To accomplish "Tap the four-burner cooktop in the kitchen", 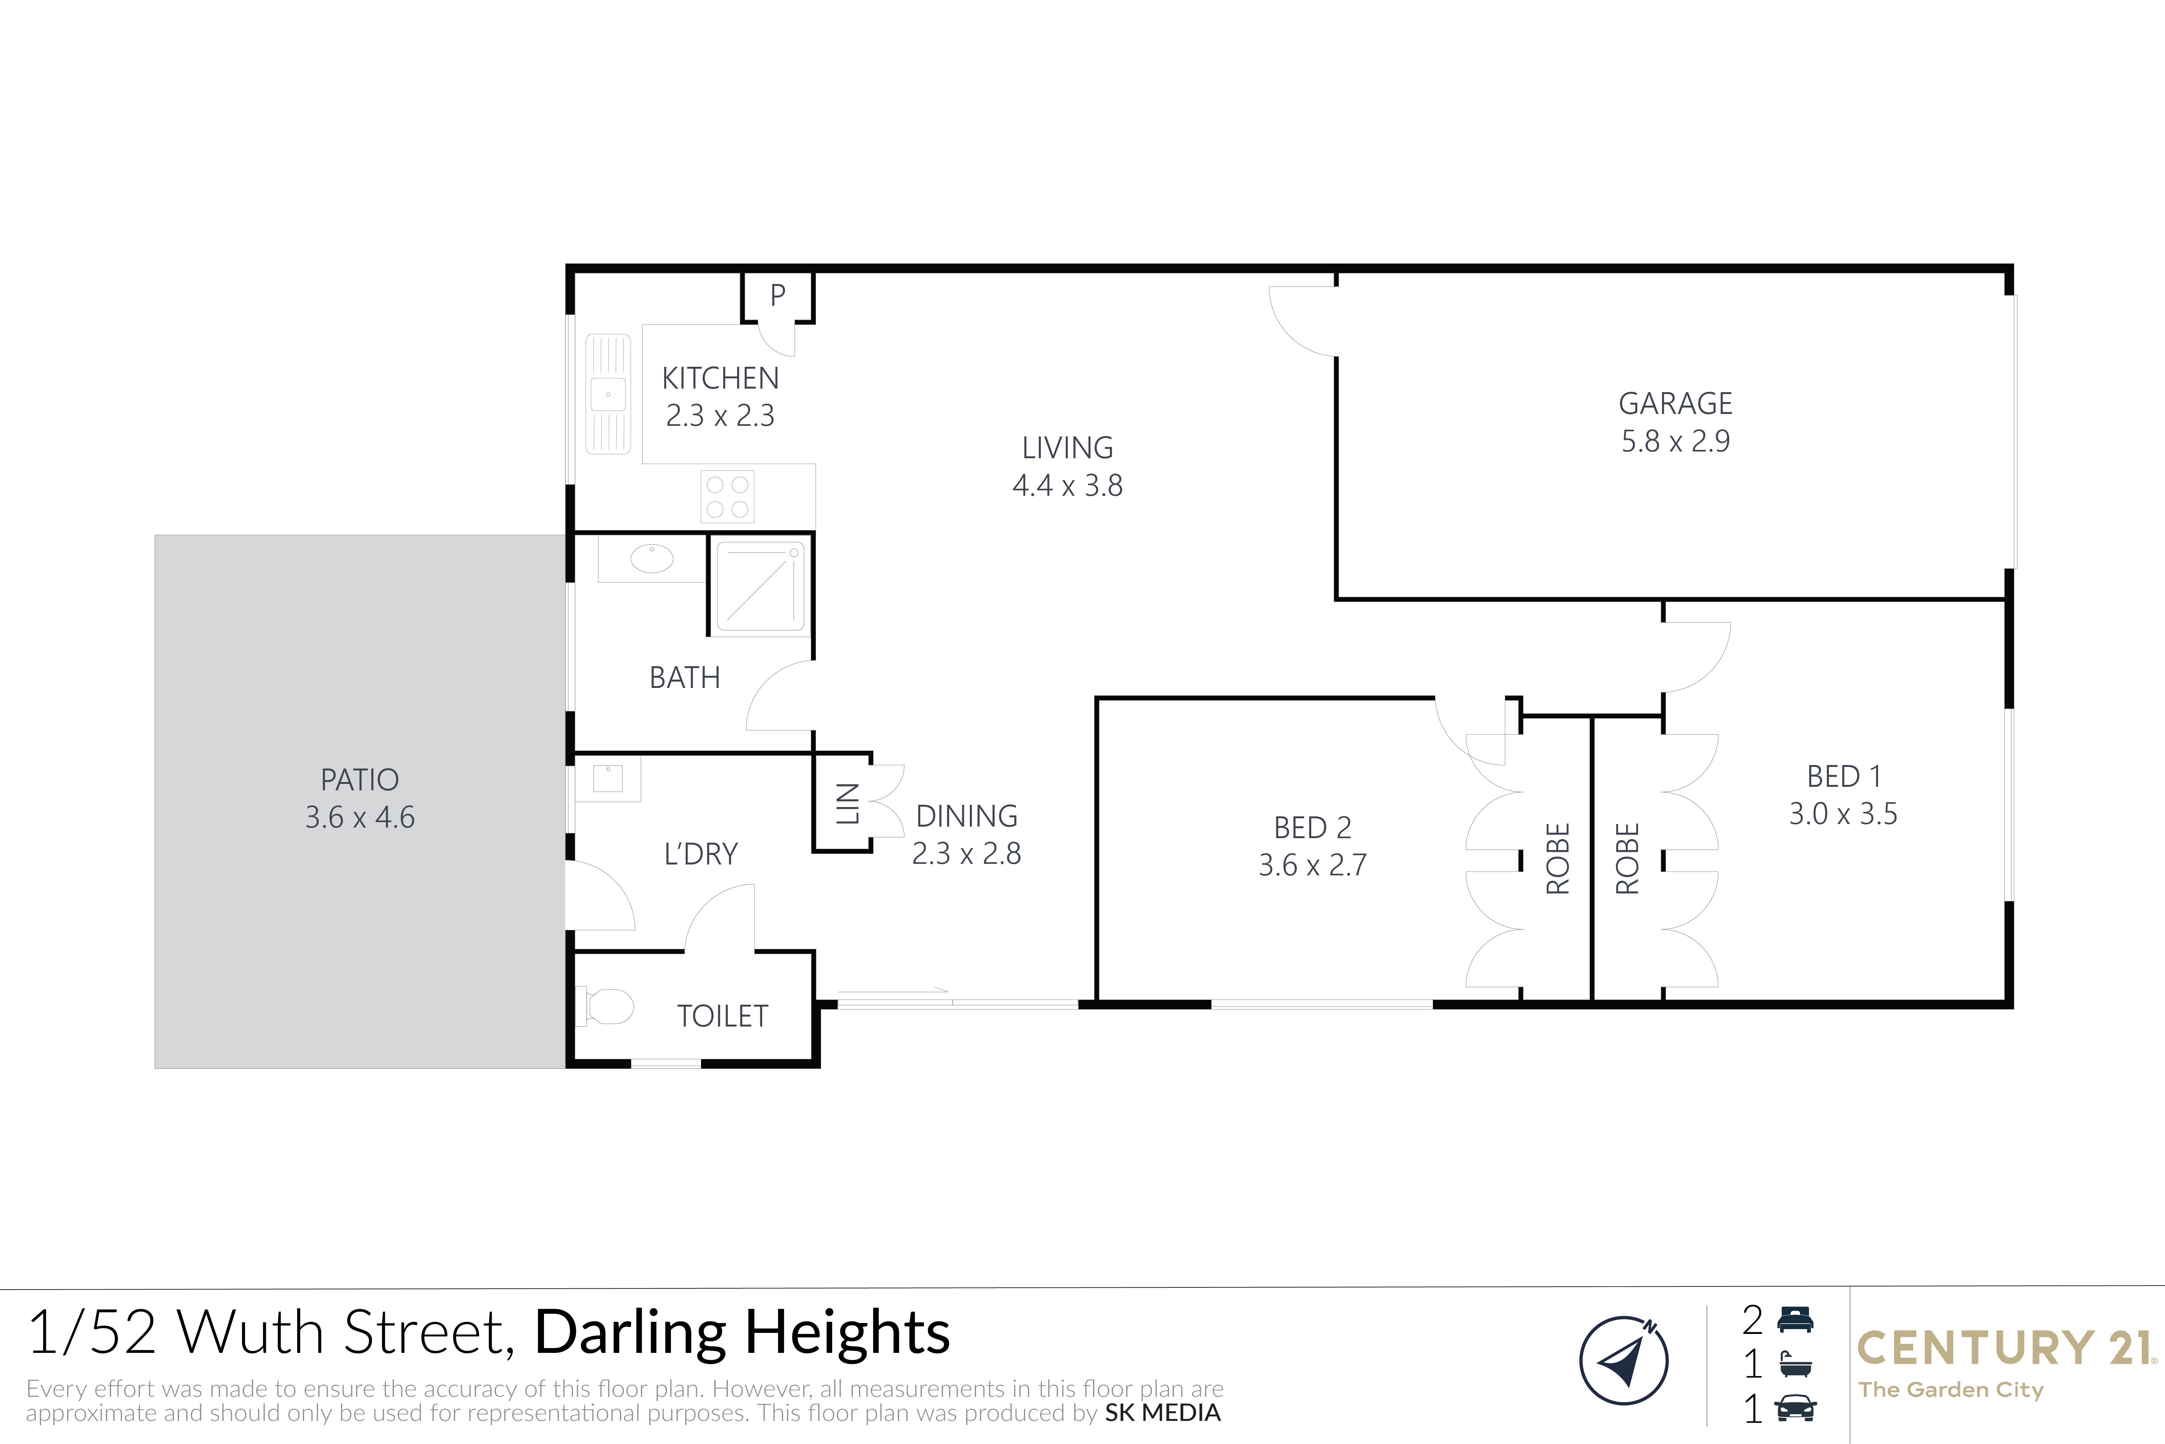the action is point(727,496).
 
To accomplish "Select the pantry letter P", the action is point(778,296).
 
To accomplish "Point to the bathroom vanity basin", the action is point(652,558).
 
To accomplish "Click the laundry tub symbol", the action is point(607,778).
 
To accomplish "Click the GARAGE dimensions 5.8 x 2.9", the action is point(1675,441).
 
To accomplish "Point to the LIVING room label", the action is point(1068,448).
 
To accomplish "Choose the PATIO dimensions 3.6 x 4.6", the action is point(360,817).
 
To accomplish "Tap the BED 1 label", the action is point(1844,776).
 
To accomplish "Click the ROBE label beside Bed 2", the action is point(1558,858).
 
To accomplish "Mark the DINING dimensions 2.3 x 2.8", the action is point(966,854).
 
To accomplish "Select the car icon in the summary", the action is point(1796,1408).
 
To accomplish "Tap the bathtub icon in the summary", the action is point(1796,1364).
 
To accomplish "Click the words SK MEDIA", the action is point(1163,1413).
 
